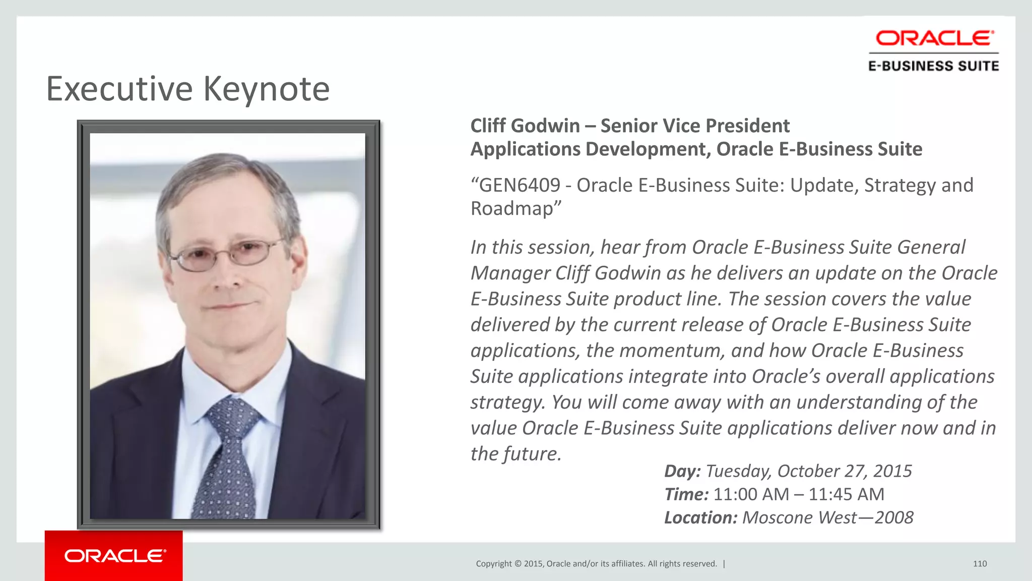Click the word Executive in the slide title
pos(119,89)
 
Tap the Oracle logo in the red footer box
pos(115,556)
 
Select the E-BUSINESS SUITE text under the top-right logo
pos(933,66)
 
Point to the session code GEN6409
pos(520,186)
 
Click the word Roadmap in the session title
pos(513,208)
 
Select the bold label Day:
pos(682,471)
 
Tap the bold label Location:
pos(700,517)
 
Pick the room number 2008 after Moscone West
pos(894,517)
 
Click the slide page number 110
pos(980,564)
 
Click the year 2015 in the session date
pos(892,471)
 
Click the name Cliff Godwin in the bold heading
pos(525,126)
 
